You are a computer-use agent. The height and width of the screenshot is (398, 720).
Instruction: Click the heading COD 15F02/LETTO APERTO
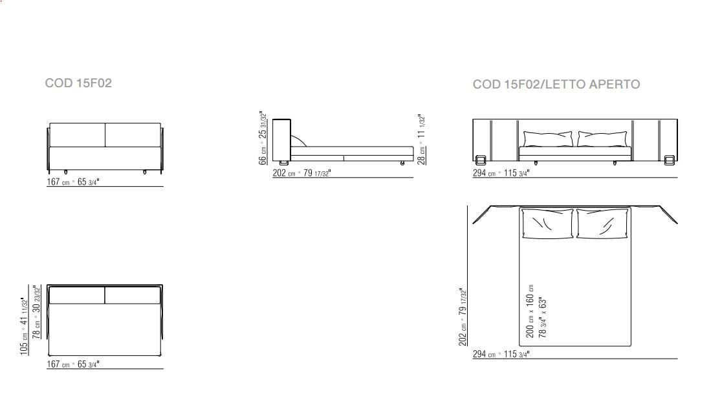556,85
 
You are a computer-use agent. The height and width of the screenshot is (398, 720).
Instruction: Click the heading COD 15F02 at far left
78,83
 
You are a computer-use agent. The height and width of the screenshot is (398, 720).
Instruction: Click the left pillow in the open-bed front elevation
548,139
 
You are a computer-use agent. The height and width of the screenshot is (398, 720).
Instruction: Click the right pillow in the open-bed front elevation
603,139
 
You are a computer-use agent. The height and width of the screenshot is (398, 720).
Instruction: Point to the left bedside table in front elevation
481,160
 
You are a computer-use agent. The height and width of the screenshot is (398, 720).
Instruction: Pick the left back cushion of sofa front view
77,135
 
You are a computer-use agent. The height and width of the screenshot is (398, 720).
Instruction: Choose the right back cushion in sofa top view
133,295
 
